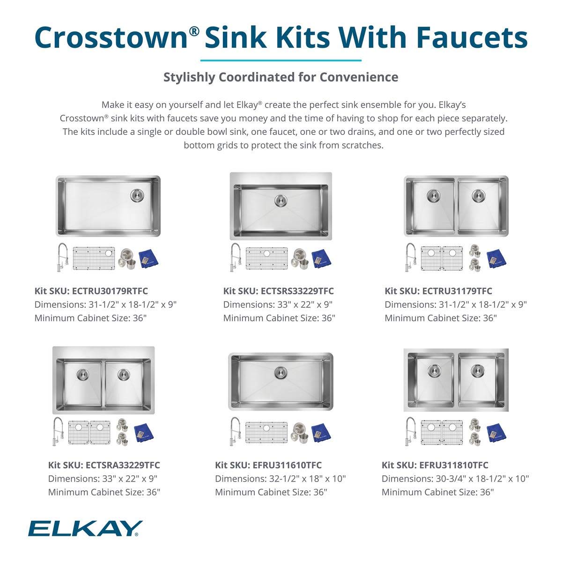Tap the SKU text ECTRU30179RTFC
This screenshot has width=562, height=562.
coord(111,291)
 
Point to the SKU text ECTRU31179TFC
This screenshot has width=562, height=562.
coord(458,291)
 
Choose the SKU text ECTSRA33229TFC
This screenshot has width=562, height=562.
coord(123,465)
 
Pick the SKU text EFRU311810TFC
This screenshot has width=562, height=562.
coord(454,465)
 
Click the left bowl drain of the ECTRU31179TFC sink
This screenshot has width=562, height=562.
coord(433,195)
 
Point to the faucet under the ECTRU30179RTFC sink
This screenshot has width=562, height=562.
coord(62,257)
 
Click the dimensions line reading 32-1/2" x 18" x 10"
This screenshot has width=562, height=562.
coord(280,479)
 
